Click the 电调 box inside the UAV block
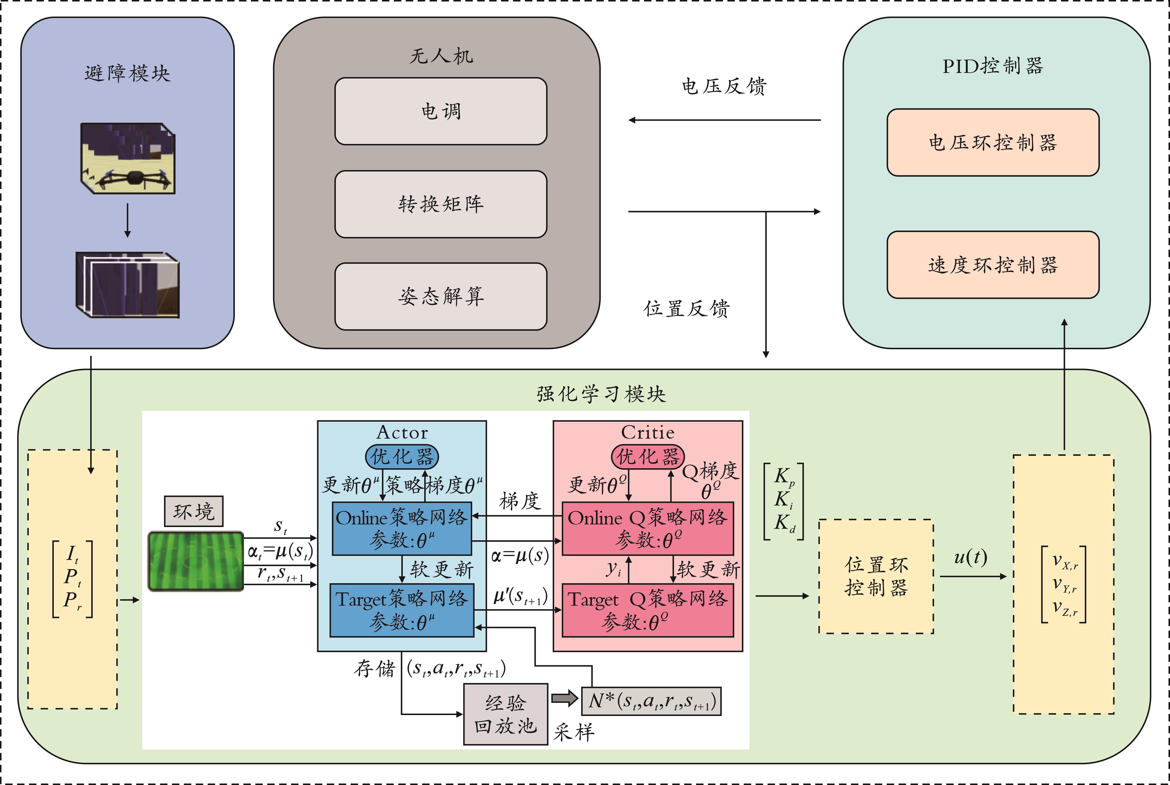441,111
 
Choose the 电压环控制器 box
993,143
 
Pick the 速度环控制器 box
993,265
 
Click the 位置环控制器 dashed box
876,576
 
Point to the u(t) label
970,557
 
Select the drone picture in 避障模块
128,158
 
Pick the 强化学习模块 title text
601,394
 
